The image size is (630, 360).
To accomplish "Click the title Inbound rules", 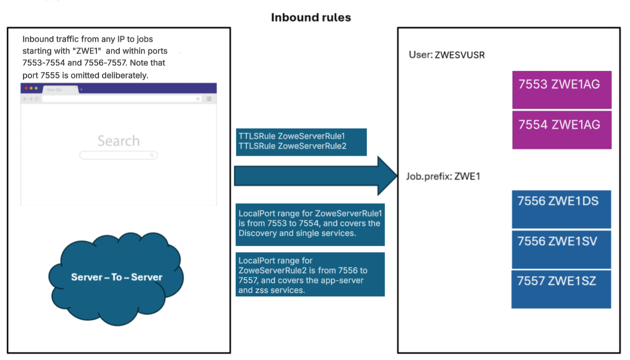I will pos(311,18).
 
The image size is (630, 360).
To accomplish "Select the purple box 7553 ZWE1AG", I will pos(562,90).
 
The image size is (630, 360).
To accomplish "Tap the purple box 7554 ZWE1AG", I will pos(562,130).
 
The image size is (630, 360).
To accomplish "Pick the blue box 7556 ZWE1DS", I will pos(561,209).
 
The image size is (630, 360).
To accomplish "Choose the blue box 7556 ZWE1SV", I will pos(561,249).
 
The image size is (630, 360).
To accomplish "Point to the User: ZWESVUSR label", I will pos(447,55).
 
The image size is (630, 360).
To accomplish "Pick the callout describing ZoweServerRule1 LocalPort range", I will pos(310,224).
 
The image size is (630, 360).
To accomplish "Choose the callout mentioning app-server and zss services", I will pos(310,274).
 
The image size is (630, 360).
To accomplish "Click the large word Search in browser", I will pos(119,141).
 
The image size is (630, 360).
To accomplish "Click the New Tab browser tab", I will pos(59,89).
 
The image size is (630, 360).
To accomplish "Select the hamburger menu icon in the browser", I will pos(209,99).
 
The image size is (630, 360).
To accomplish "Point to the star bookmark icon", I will pos(198,99).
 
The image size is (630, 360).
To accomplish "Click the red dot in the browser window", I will pos(26,88).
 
